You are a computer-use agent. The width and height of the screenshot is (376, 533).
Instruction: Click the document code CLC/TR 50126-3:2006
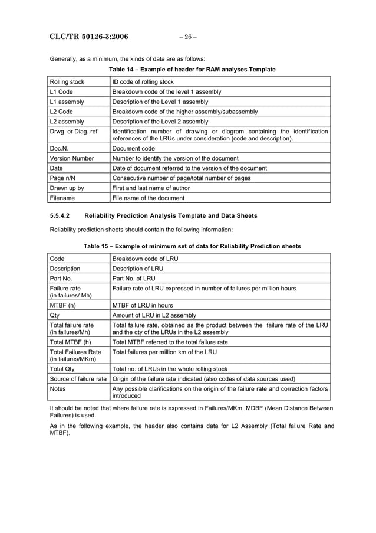click(x=88, y=37)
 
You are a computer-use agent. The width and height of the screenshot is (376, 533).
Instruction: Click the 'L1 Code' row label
click(x=61, y=92)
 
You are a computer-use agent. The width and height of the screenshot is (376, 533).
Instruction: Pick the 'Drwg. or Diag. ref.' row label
click(x=75, y=131)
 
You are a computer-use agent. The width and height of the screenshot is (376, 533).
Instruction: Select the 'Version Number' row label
click(x=72, y=158)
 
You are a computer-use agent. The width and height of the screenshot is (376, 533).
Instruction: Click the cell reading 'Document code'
click(x=134, y=149)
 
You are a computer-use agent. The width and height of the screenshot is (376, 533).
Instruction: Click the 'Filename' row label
click(x=64, y=198)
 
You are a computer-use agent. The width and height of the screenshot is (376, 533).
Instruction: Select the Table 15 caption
click(x=192, y=246)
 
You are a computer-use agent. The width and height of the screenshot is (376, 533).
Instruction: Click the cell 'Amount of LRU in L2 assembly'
click(x=154, y=315)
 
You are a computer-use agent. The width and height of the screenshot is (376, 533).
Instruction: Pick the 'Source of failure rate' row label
click(x=78, y=378)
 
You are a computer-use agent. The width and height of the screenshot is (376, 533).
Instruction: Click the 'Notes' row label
click(x=58, y=388)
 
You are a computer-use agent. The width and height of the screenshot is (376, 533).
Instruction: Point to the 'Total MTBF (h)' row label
click(x=71, y=342)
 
